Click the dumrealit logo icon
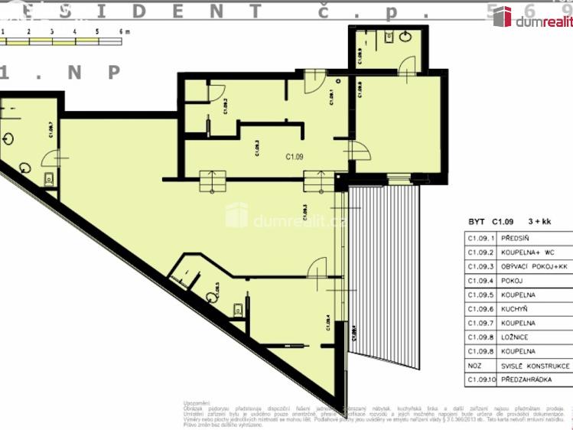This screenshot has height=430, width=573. click(x=502, y=17)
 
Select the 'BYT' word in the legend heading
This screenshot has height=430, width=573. click(x=477, y=222)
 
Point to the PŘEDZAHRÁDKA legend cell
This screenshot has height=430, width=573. click(x=523, y=379)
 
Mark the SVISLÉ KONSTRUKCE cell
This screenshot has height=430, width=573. click(x=529, y=365)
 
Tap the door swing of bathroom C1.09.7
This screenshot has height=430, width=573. click(x=50, y=158)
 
